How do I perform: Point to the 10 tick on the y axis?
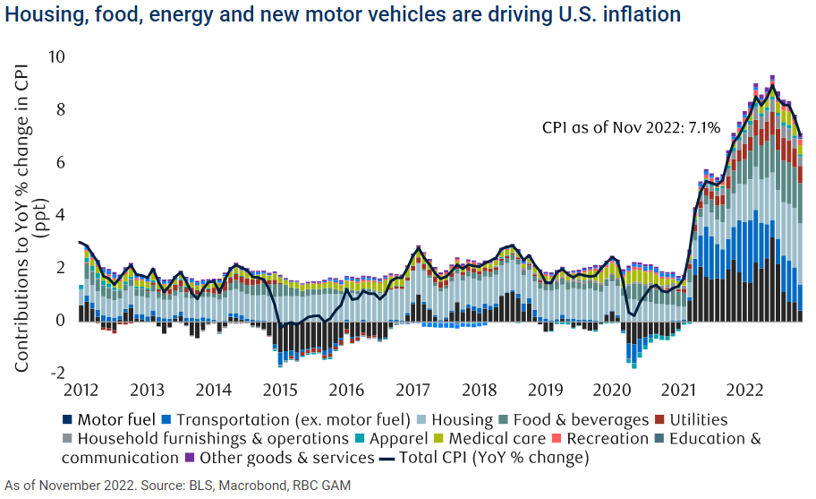(58, 57)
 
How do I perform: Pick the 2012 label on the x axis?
(81, 391)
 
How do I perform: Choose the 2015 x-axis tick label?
(280, 391)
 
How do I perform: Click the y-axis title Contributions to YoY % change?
(25, 215)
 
